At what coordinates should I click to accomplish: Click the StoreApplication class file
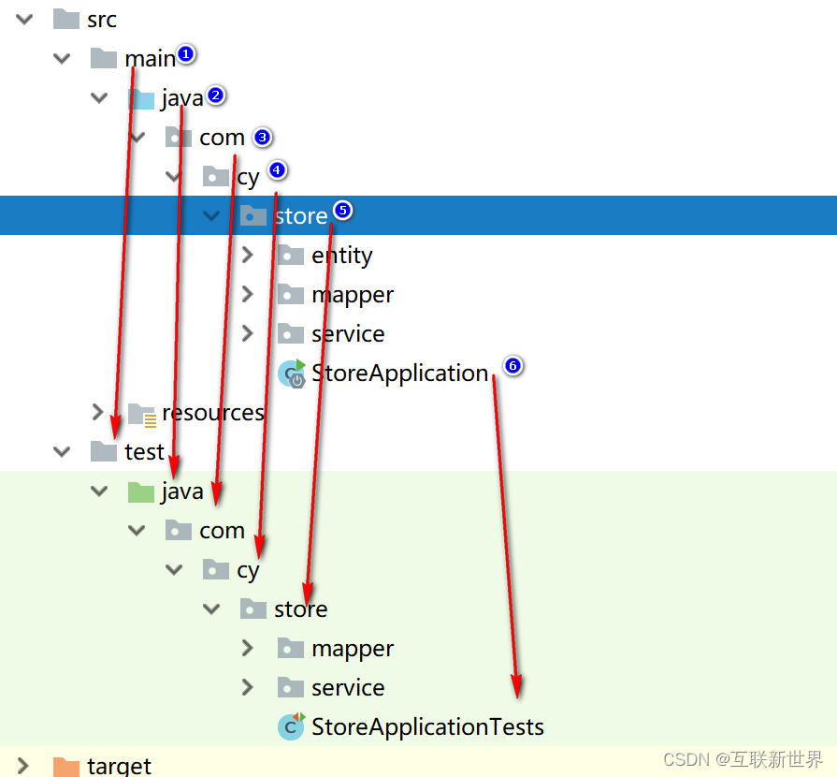tap(399, 374)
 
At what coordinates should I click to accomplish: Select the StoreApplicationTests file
tap(426, 726)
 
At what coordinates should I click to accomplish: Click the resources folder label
tap(212, 413)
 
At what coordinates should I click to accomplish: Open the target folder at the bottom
tap(119, 766)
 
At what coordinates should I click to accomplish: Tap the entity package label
tap(341, 256)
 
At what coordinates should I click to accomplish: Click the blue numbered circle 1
tap(185, 54)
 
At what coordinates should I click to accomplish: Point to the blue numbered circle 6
tap(512, 366)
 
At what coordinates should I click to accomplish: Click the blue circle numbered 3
tap(262, 137)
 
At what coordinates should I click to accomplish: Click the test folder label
tap(144, 452)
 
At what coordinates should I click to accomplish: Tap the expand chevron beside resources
tap(98, 412)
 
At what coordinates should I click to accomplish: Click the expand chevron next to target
tap(24, 766)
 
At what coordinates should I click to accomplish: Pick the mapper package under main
tap(352, 295)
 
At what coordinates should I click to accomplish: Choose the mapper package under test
tap(352, 649)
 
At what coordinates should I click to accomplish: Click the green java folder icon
tap(140, 491)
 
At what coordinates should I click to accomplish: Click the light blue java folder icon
tap(140, 98)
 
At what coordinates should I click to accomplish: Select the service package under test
tap(348, 688)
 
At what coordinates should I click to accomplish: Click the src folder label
tap(101, 19)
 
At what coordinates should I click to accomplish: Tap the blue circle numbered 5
tap(342, 211)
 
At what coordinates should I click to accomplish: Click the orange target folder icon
tap(65, 766)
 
